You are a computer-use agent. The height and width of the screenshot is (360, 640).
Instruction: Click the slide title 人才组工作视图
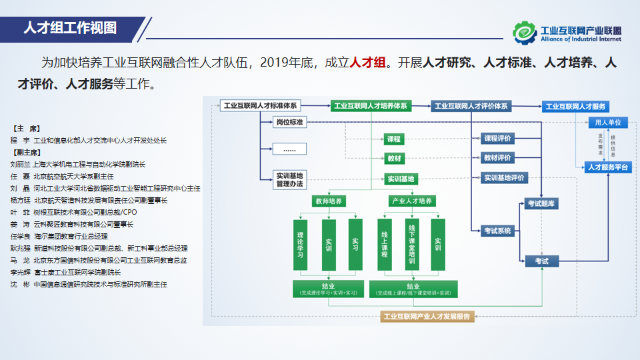(70, 28)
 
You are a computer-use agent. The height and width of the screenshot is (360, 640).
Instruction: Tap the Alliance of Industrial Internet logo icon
(524, 31)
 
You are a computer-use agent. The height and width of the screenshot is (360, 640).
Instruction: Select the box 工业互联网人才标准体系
(260, 105)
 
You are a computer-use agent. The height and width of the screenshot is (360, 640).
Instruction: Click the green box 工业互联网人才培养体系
(370, 105)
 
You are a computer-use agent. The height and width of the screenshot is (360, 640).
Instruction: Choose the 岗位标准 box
(290, 123)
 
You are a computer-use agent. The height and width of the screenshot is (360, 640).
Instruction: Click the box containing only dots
(290, 149)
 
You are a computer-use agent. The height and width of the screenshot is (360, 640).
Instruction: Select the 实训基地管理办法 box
(290, 179)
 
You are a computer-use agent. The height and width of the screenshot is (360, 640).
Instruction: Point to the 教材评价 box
(497, 158)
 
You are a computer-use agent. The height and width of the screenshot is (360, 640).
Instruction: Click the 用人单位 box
(608, 123)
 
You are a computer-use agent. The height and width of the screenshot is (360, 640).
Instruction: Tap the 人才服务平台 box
(608, 167)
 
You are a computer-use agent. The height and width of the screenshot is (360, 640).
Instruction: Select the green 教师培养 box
(328, 201)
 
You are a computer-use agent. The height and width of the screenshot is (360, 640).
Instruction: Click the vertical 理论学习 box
(300, 245)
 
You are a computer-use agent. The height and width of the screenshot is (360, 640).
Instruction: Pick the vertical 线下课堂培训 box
(411, 245)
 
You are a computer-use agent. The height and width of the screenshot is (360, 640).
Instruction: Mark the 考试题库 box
(541, 204)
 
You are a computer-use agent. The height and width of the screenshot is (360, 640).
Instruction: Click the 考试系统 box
(497, 231)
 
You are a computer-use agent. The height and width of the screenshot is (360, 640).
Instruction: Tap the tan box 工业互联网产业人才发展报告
(427, 317)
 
